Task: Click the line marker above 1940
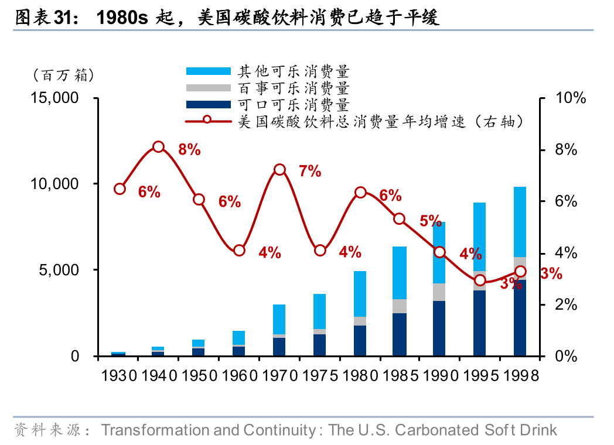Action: click(158, 146)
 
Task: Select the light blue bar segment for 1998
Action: click(520, 221)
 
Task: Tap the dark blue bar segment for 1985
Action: click(400, 334)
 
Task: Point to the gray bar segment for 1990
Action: click(439, 292)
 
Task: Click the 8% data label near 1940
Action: click(189, 150)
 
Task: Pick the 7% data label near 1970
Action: click(310, 172)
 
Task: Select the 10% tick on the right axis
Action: click(570, 98)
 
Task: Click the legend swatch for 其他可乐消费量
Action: click(208, 71)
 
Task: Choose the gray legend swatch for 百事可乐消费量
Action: click(208, 88)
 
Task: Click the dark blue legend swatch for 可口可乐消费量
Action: click(208, 105)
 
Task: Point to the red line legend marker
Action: click(207, 121)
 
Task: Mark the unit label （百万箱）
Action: click(63, 75)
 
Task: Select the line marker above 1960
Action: click(239, 250)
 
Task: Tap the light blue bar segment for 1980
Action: click(360, 294)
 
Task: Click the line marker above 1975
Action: click(320, 250)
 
